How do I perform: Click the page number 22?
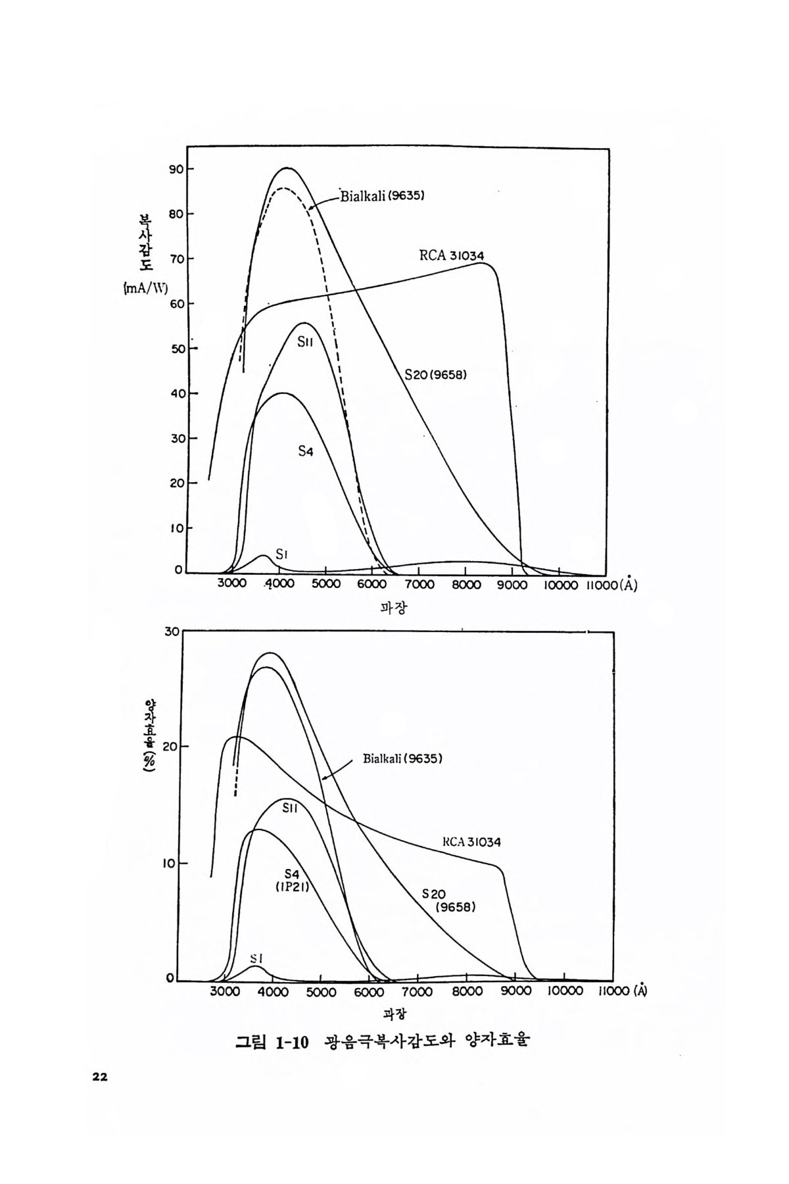99,1077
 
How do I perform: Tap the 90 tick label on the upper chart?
176,169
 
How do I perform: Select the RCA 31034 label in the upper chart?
452,255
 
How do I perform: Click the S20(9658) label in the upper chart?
436,375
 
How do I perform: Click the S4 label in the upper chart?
305,451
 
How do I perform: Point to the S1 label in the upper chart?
282,555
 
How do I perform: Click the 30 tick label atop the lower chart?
172,631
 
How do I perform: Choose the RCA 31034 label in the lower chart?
471,841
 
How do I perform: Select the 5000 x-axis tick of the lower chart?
322,993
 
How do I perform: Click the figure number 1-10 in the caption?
292,1043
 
